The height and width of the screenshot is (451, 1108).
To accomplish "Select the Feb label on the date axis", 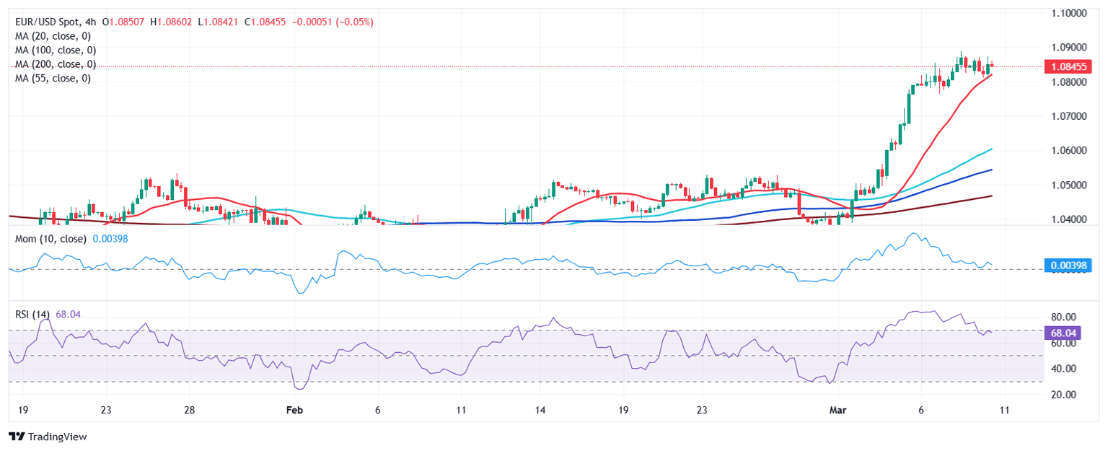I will click(x=294, y=411).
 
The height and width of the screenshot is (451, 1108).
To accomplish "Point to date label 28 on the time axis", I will click(x=189, y=411).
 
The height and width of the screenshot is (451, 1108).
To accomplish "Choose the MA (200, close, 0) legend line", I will click(x=56, y=64).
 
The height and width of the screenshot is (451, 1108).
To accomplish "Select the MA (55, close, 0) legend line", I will click(x=53, y=78).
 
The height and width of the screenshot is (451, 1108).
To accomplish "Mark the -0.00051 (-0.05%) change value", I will click(x=333, y=22).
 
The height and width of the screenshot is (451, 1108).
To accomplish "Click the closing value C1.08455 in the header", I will click(x=268, y=22).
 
